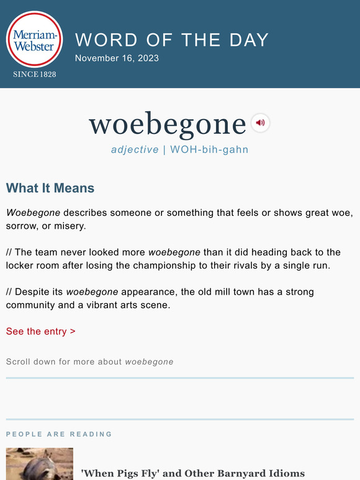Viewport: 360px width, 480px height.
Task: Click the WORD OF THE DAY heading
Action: pos(172,40)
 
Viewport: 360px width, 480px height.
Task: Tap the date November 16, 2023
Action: pos(117,58)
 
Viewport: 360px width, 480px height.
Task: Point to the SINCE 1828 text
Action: pos(34,74)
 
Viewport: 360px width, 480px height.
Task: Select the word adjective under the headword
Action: pos(135,149)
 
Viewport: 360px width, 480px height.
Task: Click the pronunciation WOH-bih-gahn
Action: pos(209,149)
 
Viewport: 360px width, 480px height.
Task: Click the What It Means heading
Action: pos(50,188)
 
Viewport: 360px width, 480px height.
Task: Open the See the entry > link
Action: pos(41,331)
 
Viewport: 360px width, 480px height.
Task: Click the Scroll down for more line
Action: pos(89,362)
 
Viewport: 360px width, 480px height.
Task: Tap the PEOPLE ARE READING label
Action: pos(59,434)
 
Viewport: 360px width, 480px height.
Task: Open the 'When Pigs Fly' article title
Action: pos(193,474)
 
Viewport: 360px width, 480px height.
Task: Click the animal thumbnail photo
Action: pos(40,465)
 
